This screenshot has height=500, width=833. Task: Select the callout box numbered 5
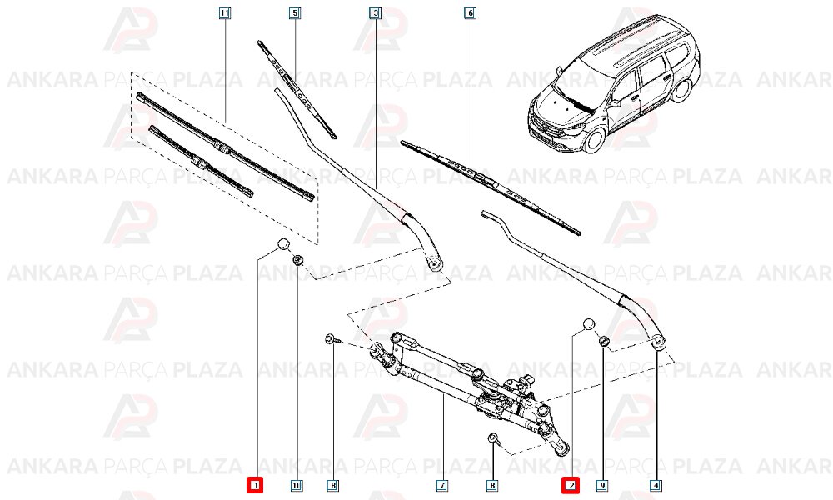[295, 13]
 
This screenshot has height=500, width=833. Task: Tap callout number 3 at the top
[375, 13]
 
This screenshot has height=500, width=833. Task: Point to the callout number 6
[470, 13]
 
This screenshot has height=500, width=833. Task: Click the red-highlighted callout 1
[256, 484]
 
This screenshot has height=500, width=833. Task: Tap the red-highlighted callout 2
[571, 484]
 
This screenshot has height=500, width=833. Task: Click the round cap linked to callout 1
[282, 244]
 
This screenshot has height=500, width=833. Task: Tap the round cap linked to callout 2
[588, 324]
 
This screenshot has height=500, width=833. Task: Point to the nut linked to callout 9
[604, 341]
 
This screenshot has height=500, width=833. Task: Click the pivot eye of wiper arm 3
[433, 263]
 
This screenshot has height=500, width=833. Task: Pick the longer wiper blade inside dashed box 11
[225, 147]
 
